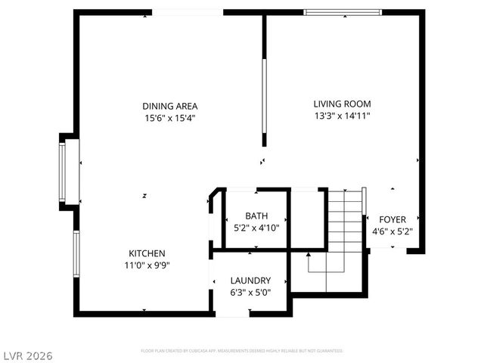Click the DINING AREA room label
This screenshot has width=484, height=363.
pos(170,106)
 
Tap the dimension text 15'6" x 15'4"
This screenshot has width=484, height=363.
pos(170,118)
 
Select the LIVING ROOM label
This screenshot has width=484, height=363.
pos(342,104)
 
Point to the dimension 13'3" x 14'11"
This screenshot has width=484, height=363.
pos(342,116)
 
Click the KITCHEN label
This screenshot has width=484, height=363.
pos(147,253)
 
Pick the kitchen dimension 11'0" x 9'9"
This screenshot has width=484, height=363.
pos(147,265)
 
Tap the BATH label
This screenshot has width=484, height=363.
pos(256,216)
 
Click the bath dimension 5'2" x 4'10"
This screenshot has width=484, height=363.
pos(256,228)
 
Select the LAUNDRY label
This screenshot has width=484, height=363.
pos(250,281)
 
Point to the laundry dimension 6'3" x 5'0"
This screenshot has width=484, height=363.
pos(250,293)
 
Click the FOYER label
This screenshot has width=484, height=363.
pos(392,220)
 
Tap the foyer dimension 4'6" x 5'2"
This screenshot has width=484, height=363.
pos(392,232)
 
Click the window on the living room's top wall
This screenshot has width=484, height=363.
pos(342,12)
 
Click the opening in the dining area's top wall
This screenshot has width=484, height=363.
pos(188,12)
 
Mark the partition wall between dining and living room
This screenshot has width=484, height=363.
pos(264,79)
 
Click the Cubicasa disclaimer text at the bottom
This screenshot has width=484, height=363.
pos(242,351)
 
